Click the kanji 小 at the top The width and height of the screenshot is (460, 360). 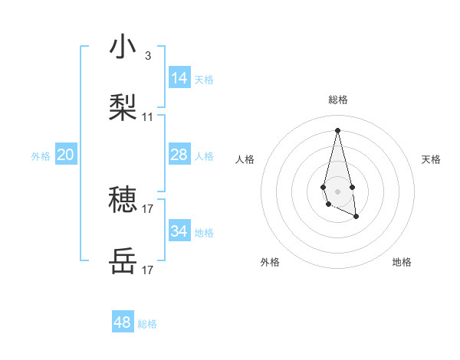[x=123, y=47]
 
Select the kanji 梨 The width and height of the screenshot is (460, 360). [x=123, y=107]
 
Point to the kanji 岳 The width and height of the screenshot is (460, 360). [x=123, y=261]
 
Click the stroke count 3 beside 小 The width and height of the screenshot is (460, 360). [x=148, y=56]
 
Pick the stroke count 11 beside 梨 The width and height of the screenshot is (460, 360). [x=148, y=117]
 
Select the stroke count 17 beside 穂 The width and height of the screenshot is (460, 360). [x=148, y=208]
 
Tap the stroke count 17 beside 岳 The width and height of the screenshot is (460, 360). [x=148, y=270]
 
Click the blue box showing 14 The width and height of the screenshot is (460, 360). [x=179, y=77]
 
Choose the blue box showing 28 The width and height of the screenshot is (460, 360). [x=179, y=155]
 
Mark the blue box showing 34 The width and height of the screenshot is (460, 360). [x=179, y=231]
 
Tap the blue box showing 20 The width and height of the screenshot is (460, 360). [x=65, y=155]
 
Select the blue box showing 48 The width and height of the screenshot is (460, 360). [x=122, y=322]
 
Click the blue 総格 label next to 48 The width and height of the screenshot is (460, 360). [x=147, y=324]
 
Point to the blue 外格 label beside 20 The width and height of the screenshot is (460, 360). [x=41, y=156]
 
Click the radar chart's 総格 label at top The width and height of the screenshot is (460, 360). [x=337, y=100]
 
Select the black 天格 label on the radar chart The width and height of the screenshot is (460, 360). [x=431, y=159]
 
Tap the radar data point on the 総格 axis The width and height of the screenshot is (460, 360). [x=337, y=129]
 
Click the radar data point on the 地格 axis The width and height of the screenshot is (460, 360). [x=356, y=217]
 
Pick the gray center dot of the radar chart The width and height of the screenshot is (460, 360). [x=337, y=190]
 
